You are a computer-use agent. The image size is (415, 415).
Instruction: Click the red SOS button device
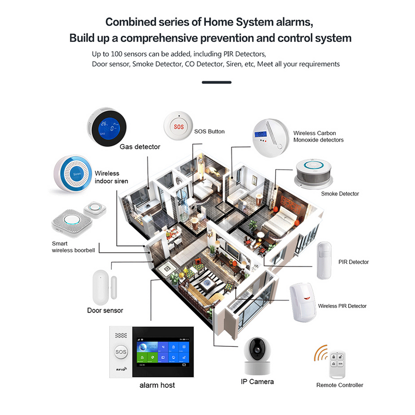click(178, 126)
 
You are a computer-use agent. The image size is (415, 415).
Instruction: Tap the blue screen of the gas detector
click(109, 127)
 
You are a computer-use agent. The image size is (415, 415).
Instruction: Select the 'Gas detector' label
click(140, 147)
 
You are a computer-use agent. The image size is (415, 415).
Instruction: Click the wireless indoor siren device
click(73, 173)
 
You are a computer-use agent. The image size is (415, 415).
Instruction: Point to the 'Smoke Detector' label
click(340, 194)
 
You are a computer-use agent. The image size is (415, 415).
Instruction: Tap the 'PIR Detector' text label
click(353, 262)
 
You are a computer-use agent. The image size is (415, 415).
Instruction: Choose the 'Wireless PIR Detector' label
click(342, 306)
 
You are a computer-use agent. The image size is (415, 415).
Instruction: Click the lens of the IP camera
click(257, 350)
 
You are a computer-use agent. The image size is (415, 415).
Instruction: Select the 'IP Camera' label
click(257, 382)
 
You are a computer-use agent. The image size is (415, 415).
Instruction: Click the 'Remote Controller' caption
click(339, 385)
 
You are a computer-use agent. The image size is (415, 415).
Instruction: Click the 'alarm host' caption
click(157, 385)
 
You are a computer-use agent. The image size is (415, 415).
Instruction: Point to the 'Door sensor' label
click(105, 310)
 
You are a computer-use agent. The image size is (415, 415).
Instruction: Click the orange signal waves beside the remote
click(320, 353)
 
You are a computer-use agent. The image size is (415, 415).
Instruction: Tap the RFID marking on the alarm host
click(121, 369)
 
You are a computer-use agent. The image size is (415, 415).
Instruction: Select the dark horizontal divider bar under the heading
click(217, 83)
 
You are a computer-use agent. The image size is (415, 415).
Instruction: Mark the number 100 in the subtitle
click(116, 54)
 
